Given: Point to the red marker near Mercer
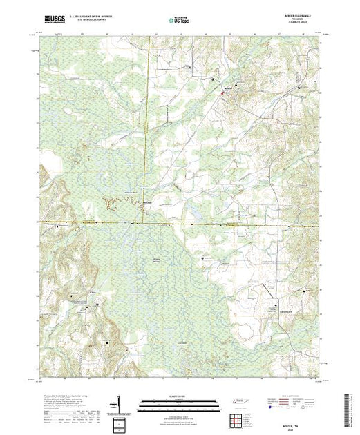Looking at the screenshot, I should [x=223, y=96].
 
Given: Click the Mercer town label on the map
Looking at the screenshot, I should [x=229, y=90].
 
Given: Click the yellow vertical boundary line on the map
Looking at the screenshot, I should [x=146, y=138].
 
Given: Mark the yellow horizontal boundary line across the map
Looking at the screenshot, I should [x=207, y=223].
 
